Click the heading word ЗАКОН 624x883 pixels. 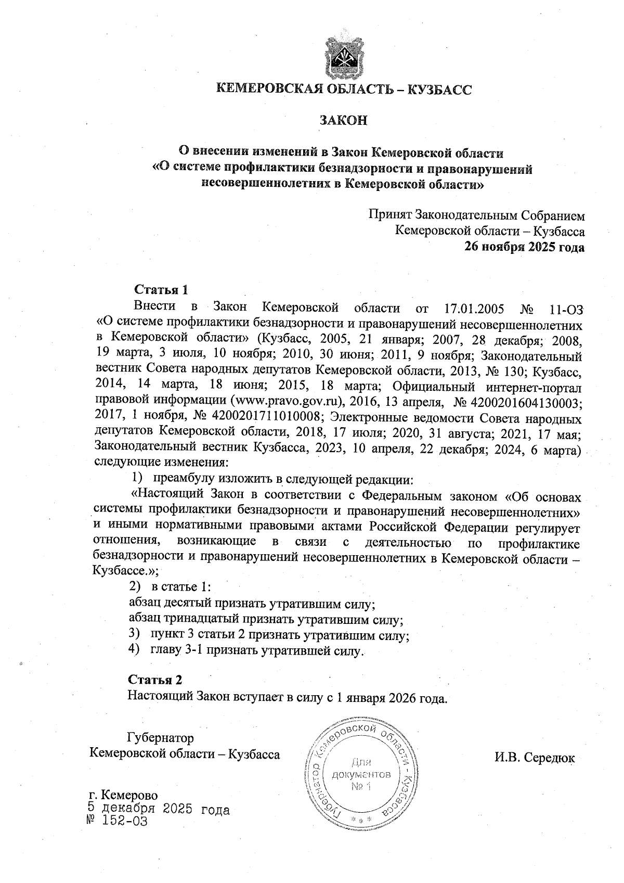[343, 120]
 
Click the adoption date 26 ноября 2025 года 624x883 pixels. [524, 247]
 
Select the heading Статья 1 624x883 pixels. [160, 289]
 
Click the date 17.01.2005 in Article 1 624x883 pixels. [475, 309]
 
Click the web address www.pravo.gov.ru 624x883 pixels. [287, 402]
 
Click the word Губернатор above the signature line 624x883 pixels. [160, 738]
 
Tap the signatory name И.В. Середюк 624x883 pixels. [534, 757]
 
